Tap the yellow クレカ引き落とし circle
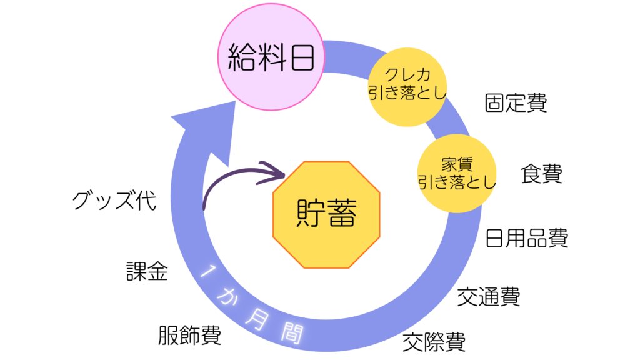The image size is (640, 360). coord(406,86)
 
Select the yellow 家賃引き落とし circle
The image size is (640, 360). coord(456,172)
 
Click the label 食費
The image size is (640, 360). coord(542,174)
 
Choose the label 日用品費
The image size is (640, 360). coord(527,239)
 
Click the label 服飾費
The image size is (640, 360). coord(189,336)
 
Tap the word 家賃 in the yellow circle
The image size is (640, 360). coord(457,164)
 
